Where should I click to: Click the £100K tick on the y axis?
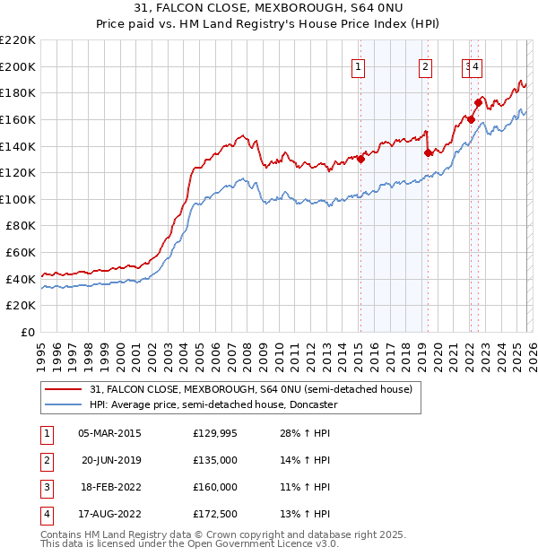pos(18,199)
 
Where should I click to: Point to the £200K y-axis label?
pos(18,66)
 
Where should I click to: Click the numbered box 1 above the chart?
pos(359,65)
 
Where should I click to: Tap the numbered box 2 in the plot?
pos(425,65)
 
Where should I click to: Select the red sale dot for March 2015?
pos(360,159)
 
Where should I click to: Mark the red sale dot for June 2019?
pos(428,152)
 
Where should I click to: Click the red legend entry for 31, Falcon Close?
pos(250,389)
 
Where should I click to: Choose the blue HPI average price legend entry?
pos(213,404)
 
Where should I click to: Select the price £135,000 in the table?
pos(215,460)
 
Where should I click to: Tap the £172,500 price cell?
pos(215,514)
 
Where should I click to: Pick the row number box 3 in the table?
pos(46,487)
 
